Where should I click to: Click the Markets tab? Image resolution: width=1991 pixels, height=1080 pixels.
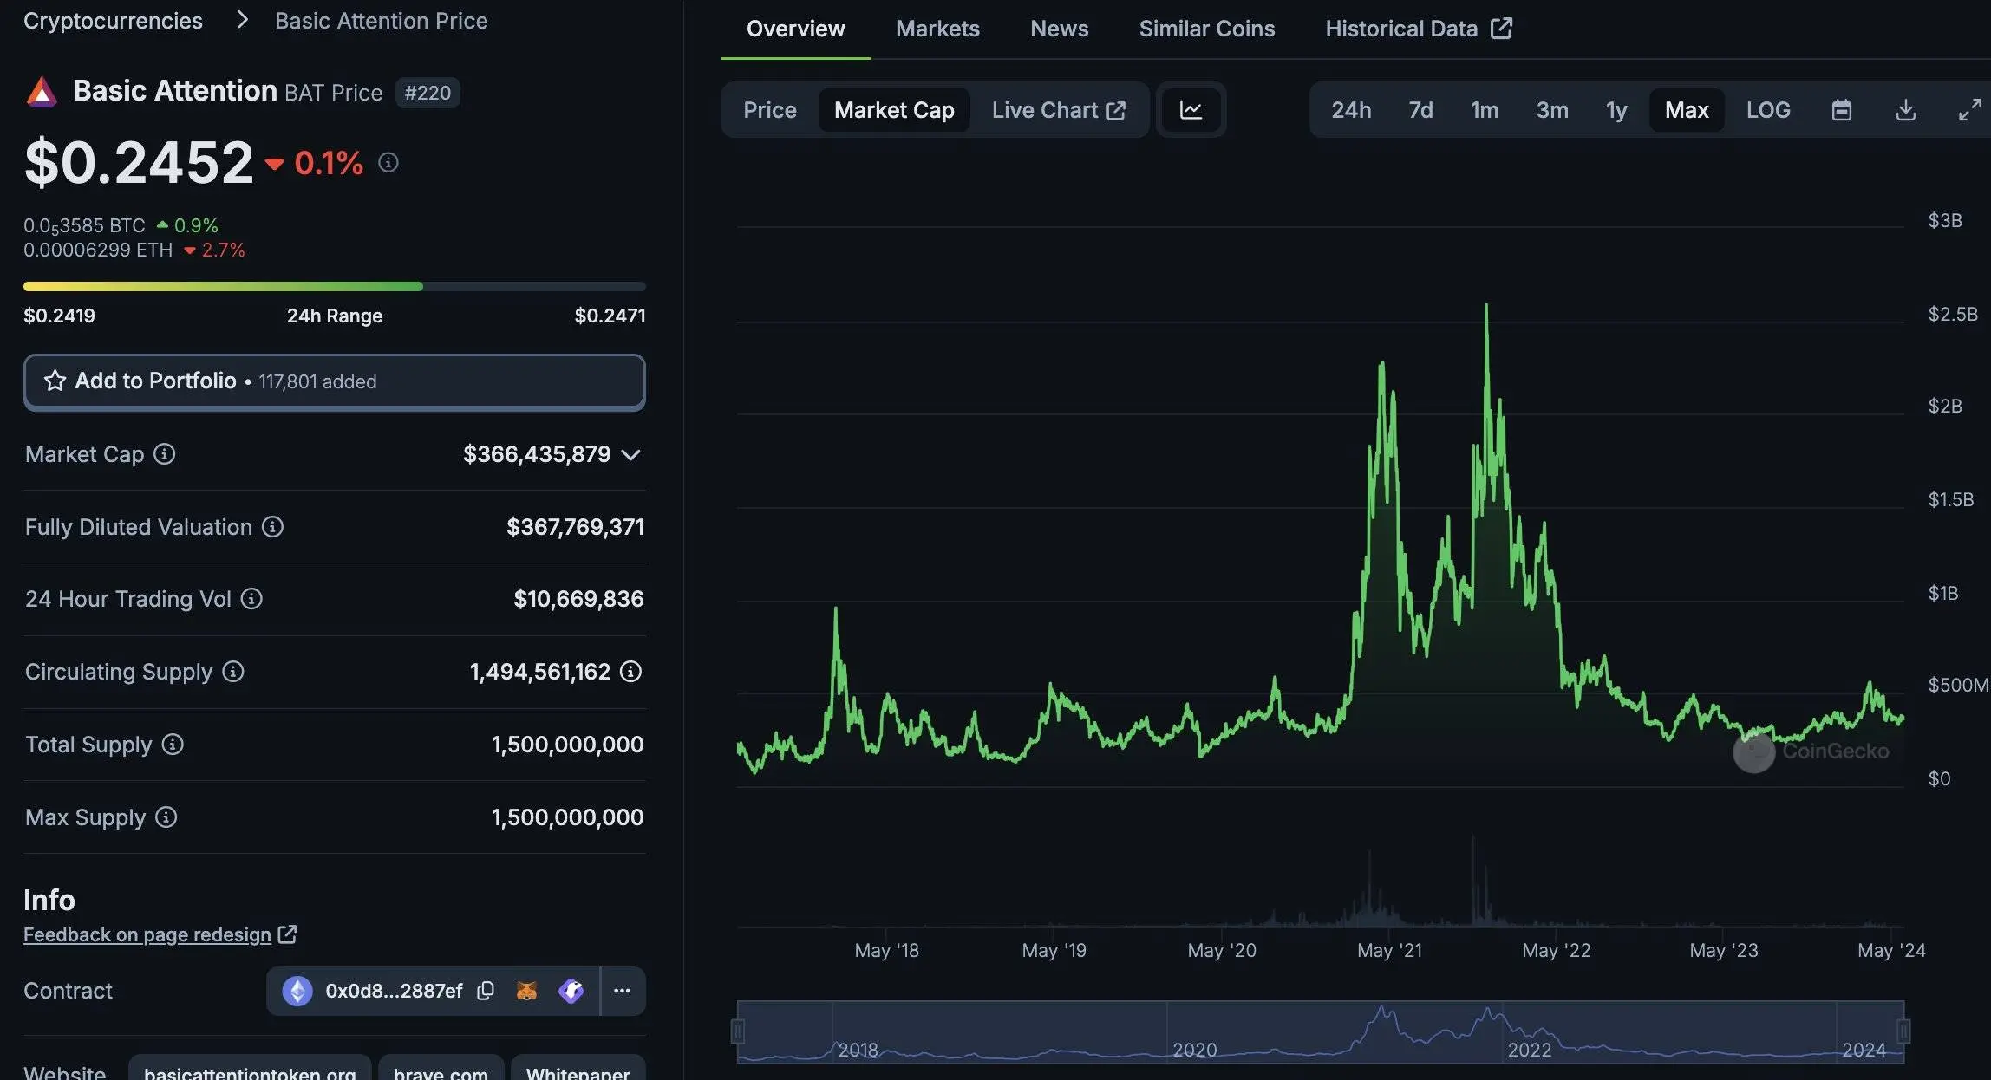tap(937, 29)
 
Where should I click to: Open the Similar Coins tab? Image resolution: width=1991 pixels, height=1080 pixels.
tap(1206, 29)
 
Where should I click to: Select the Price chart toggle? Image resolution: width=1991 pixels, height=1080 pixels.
tap(769, 110)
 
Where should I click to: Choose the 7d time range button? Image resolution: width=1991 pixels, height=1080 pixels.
tap(1420, 110)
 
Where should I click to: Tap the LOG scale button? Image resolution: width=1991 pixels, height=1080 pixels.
tap(1767, 110)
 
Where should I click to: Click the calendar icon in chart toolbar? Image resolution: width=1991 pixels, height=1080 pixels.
tap(1842, 110)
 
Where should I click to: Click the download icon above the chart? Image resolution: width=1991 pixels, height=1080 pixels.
tap(1905, 110)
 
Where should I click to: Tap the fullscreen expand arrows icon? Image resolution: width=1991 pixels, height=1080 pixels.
tap(1969, 110)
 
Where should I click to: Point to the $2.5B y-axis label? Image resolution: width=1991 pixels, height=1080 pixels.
tap(1952, 314)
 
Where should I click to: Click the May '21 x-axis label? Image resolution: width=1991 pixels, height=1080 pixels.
tap(1389, 950)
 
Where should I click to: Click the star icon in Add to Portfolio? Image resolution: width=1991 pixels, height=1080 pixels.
tap(55, 381)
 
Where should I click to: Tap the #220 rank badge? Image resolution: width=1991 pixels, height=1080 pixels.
tap(428, 93)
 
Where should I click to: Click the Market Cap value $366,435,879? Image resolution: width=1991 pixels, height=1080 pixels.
tap(537, 454)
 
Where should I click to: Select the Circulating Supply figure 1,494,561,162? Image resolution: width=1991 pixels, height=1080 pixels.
tap(539, 672)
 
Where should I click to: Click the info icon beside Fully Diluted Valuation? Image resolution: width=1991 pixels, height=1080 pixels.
tap(272, 527)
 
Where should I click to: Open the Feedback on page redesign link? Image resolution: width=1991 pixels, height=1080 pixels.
tap(147, 934)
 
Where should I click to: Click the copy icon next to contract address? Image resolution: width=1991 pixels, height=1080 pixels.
tap(486, 991)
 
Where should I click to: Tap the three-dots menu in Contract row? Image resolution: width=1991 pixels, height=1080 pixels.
tap(622, 991)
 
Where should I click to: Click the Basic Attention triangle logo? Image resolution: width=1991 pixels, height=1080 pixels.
tap(42, 92)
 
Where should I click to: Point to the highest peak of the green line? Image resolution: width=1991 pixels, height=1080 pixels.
tap(1486, 305)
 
